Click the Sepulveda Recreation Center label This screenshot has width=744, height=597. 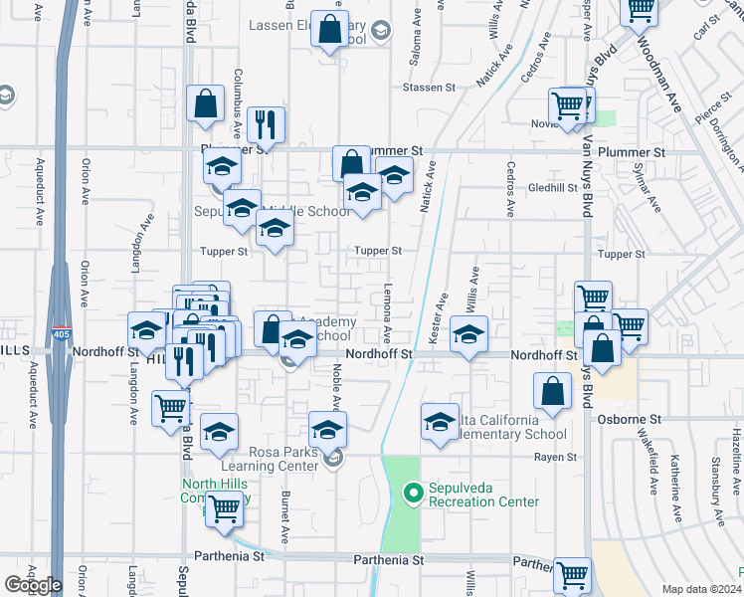pos(483,496)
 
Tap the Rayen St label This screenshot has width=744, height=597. pos(557,457)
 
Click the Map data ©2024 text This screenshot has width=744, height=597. pos(700,589)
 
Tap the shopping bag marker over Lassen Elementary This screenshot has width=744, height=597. pos(329,31)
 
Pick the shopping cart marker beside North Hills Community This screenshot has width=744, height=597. pos(225,508)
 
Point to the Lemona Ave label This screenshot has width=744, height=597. pos(387,312)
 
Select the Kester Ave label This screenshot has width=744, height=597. pos(437,318)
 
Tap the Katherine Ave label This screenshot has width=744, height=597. pos(675,489)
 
